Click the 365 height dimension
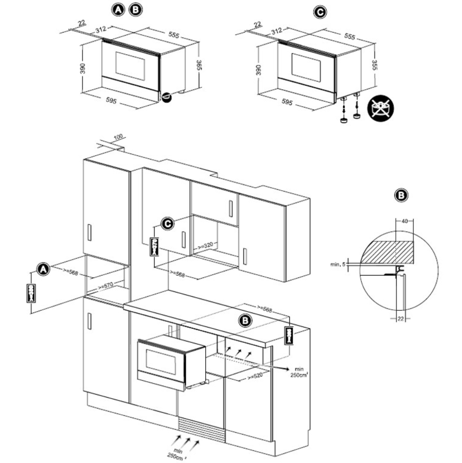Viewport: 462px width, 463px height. (x=199, y=65)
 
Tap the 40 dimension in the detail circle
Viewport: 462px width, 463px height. (x=404, y=221)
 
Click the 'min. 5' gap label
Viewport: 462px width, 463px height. (x=337, y=265)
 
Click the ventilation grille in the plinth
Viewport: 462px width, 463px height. (x=202, y=429)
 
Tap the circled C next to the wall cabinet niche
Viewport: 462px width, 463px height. (x=168, y=224)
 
